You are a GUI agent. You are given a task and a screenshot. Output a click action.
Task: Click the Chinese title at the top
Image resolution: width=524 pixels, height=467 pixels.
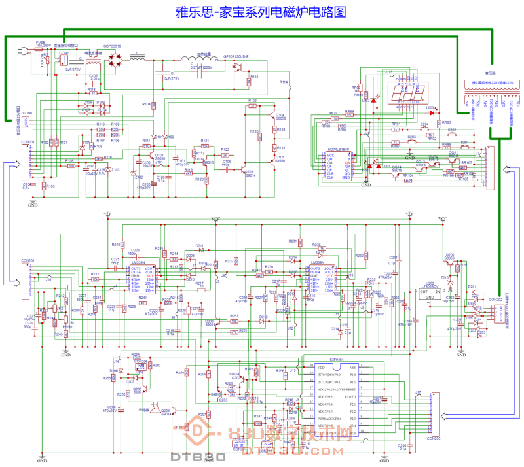260,12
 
